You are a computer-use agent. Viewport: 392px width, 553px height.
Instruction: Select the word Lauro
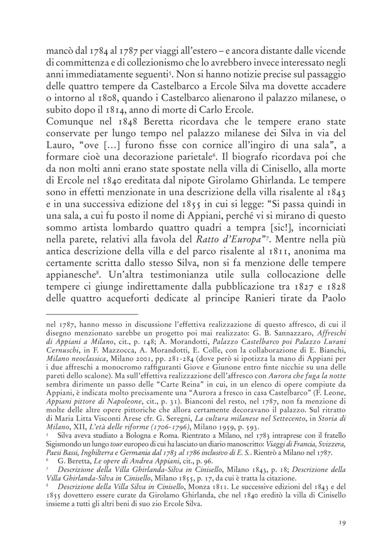[60, 146]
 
